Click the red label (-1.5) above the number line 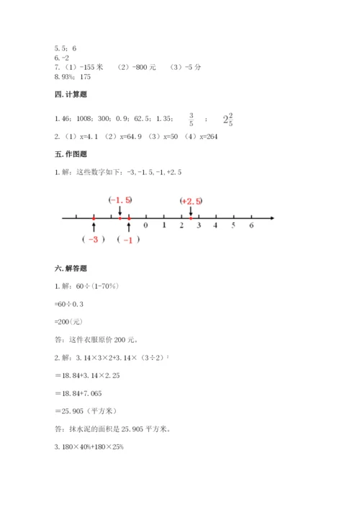pyautogui.click(x=120, y=199)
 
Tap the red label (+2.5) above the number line pyautogui.click(x=191, y=201)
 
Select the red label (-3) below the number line pyautogui.click(x=94, y=240)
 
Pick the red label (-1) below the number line pyautogui.click(x=127, y=240)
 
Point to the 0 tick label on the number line pyautogui.click(x=146, y=226)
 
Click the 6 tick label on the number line pyautogui.click(x=251, y=226)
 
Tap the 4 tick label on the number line pyautogui.click(x=216, y=226)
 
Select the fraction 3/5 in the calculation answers pyautogui.click(x=191, y=119)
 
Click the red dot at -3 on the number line pyautogui.click(x=94, y=217)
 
